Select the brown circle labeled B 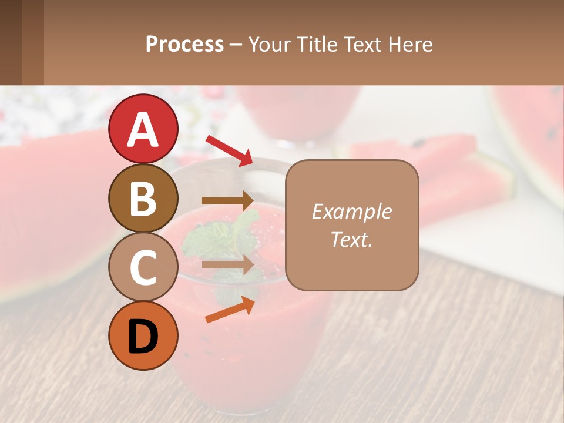pyautogui.click(x=143, y=198)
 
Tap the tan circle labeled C pyautogui.click(x=143, y=267)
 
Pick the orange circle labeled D pyautogui.click(x=143, y=335)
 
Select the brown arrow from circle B pyautogui.click(x=227, y=200)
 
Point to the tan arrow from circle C pyautogui.click(x=227, y=264)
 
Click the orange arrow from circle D pyautogui.click(x=230, y=310)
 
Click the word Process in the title pyautogui.click(x=184, y=44)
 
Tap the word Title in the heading pyautogui.click(x=318, y=44)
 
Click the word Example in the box pyautogui.click(x=351, y=211)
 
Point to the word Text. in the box pyautogui.click(x=351, y=239)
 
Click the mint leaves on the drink pyautogui.click(x=223, y=238)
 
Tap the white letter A pyautogui.click(x=143, y=129)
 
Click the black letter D pyautogui.click(x=143, y=336)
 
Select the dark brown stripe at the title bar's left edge pyautogui.click(x=11, y=42)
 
